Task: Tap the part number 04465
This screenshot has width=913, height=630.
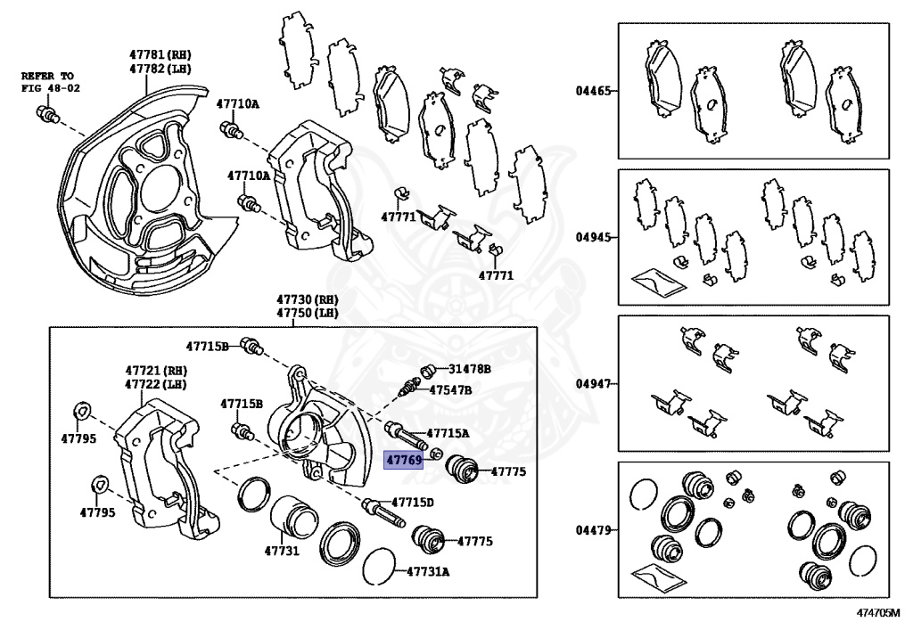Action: coord(593,91)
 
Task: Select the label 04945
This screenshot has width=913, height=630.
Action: coord(593,238)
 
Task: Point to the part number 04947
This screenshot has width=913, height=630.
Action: coord(593,384)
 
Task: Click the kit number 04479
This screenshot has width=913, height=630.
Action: coord(593,530)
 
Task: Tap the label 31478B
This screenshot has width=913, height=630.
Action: coord(470,368)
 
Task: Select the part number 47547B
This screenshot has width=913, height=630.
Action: coord(450,390)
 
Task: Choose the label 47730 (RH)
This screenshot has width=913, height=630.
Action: coord(308,300)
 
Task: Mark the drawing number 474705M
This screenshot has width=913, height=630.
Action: coord(878,613)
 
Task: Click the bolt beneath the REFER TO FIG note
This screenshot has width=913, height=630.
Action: coord(47,113)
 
